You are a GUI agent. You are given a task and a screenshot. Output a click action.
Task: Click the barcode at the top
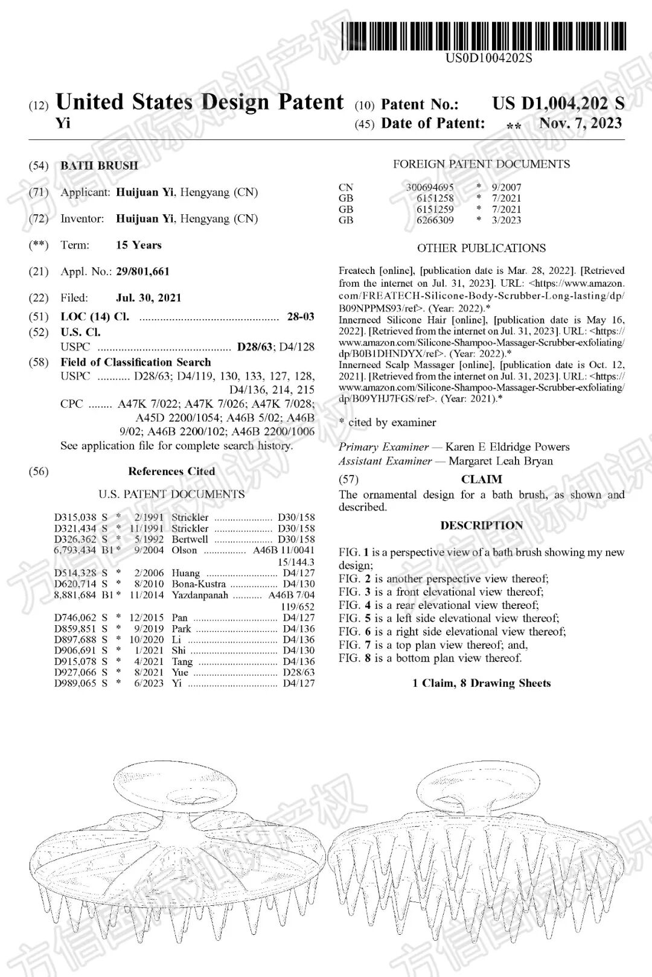coord(483,36)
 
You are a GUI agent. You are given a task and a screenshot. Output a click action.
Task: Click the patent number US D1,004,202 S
coord(558,103)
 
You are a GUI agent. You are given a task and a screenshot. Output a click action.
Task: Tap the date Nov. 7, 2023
coord(580,123)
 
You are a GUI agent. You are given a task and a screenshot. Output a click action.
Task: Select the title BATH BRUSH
coord(99,165)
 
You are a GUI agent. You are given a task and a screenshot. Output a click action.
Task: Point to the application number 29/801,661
coord(142,272)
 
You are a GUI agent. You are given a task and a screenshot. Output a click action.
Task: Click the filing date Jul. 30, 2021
coord(149,298)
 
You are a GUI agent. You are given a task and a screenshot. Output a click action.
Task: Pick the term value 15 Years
coord(138,245)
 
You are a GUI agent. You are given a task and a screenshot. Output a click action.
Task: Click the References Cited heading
coord(171,471)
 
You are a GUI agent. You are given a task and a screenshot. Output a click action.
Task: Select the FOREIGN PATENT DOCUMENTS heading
coord(481,164)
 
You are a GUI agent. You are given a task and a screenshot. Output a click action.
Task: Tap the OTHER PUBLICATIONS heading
coord(481,248)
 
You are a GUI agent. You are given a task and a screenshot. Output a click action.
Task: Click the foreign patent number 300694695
coord(429,187)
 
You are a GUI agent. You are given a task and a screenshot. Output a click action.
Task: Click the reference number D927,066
coord(75,672)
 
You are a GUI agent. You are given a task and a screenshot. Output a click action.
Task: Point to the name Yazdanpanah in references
coord(200,595)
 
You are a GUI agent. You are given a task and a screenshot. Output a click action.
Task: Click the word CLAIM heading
coord(481,479)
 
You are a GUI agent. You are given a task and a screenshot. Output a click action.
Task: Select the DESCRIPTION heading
coord(481,525)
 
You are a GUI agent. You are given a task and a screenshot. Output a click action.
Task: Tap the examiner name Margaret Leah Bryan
coord(500,461)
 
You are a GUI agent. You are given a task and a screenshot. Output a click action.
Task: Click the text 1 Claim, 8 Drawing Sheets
coord(481,683)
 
